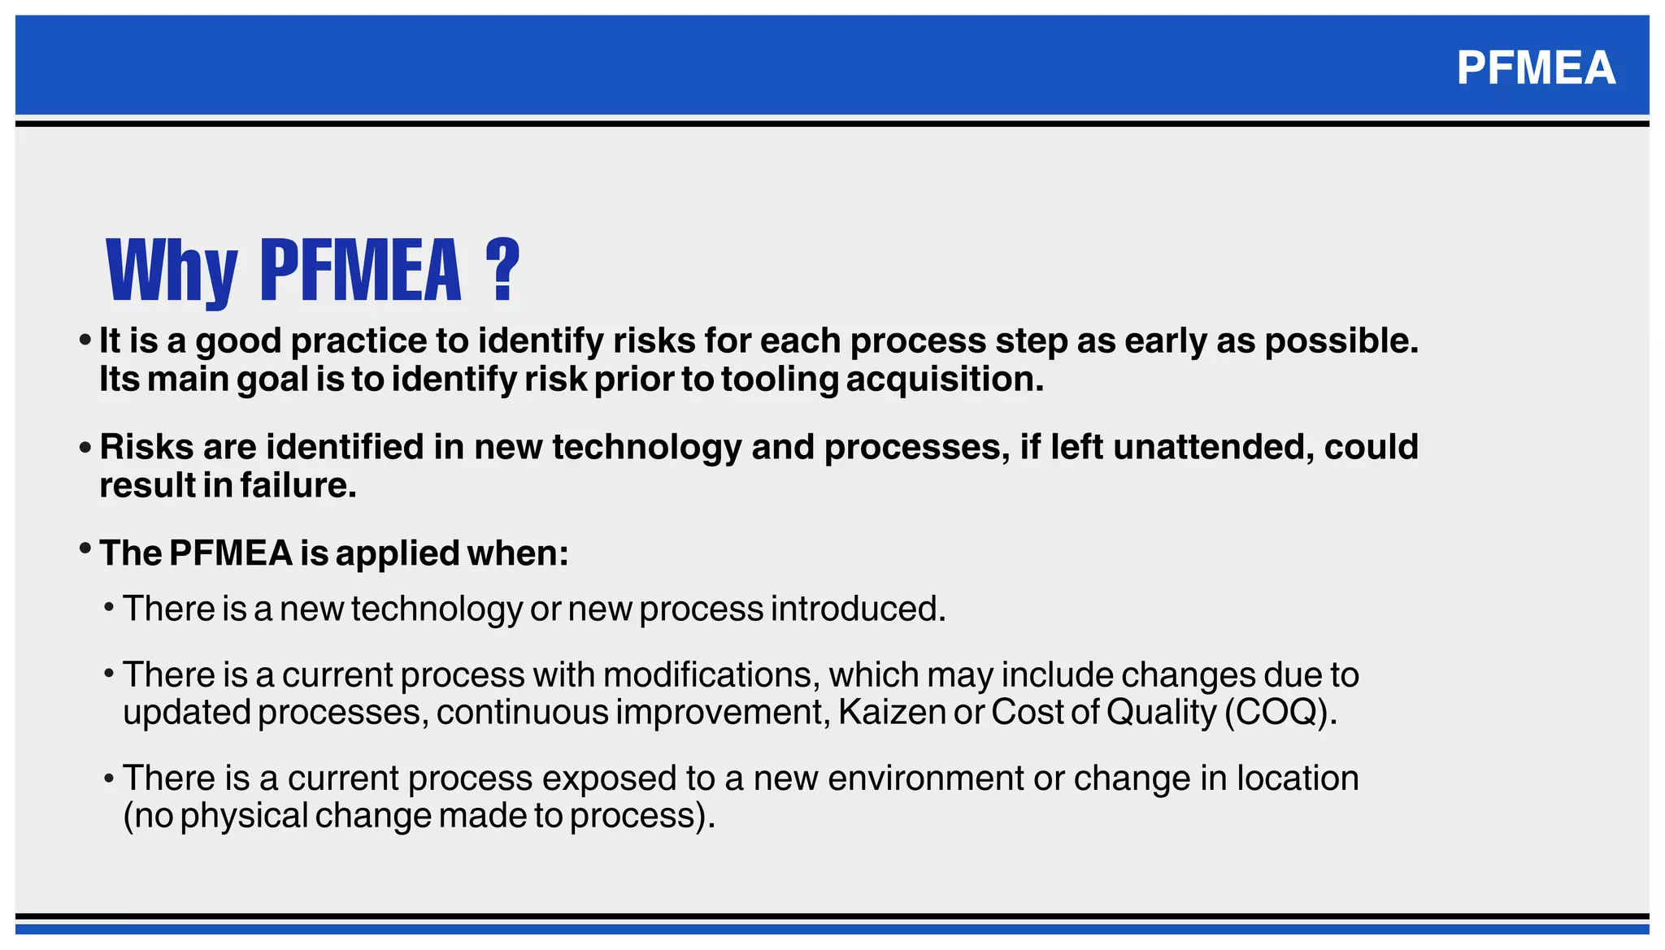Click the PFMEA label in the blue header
tap(1535, 67)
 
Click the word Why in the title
tap(172, 271)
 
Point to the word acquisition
tap(944, 380)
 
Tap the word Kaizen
tap(892, 712)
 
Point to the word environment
tap(925, 779)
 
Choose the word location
tap(1298, 779)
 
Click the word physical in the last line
tap(244, 816)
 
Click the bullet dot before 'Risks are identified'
tap(85, 447)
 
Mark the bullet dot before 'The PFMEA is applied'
tap(85, 549)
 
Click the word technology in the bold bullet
tap(646, 447)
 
